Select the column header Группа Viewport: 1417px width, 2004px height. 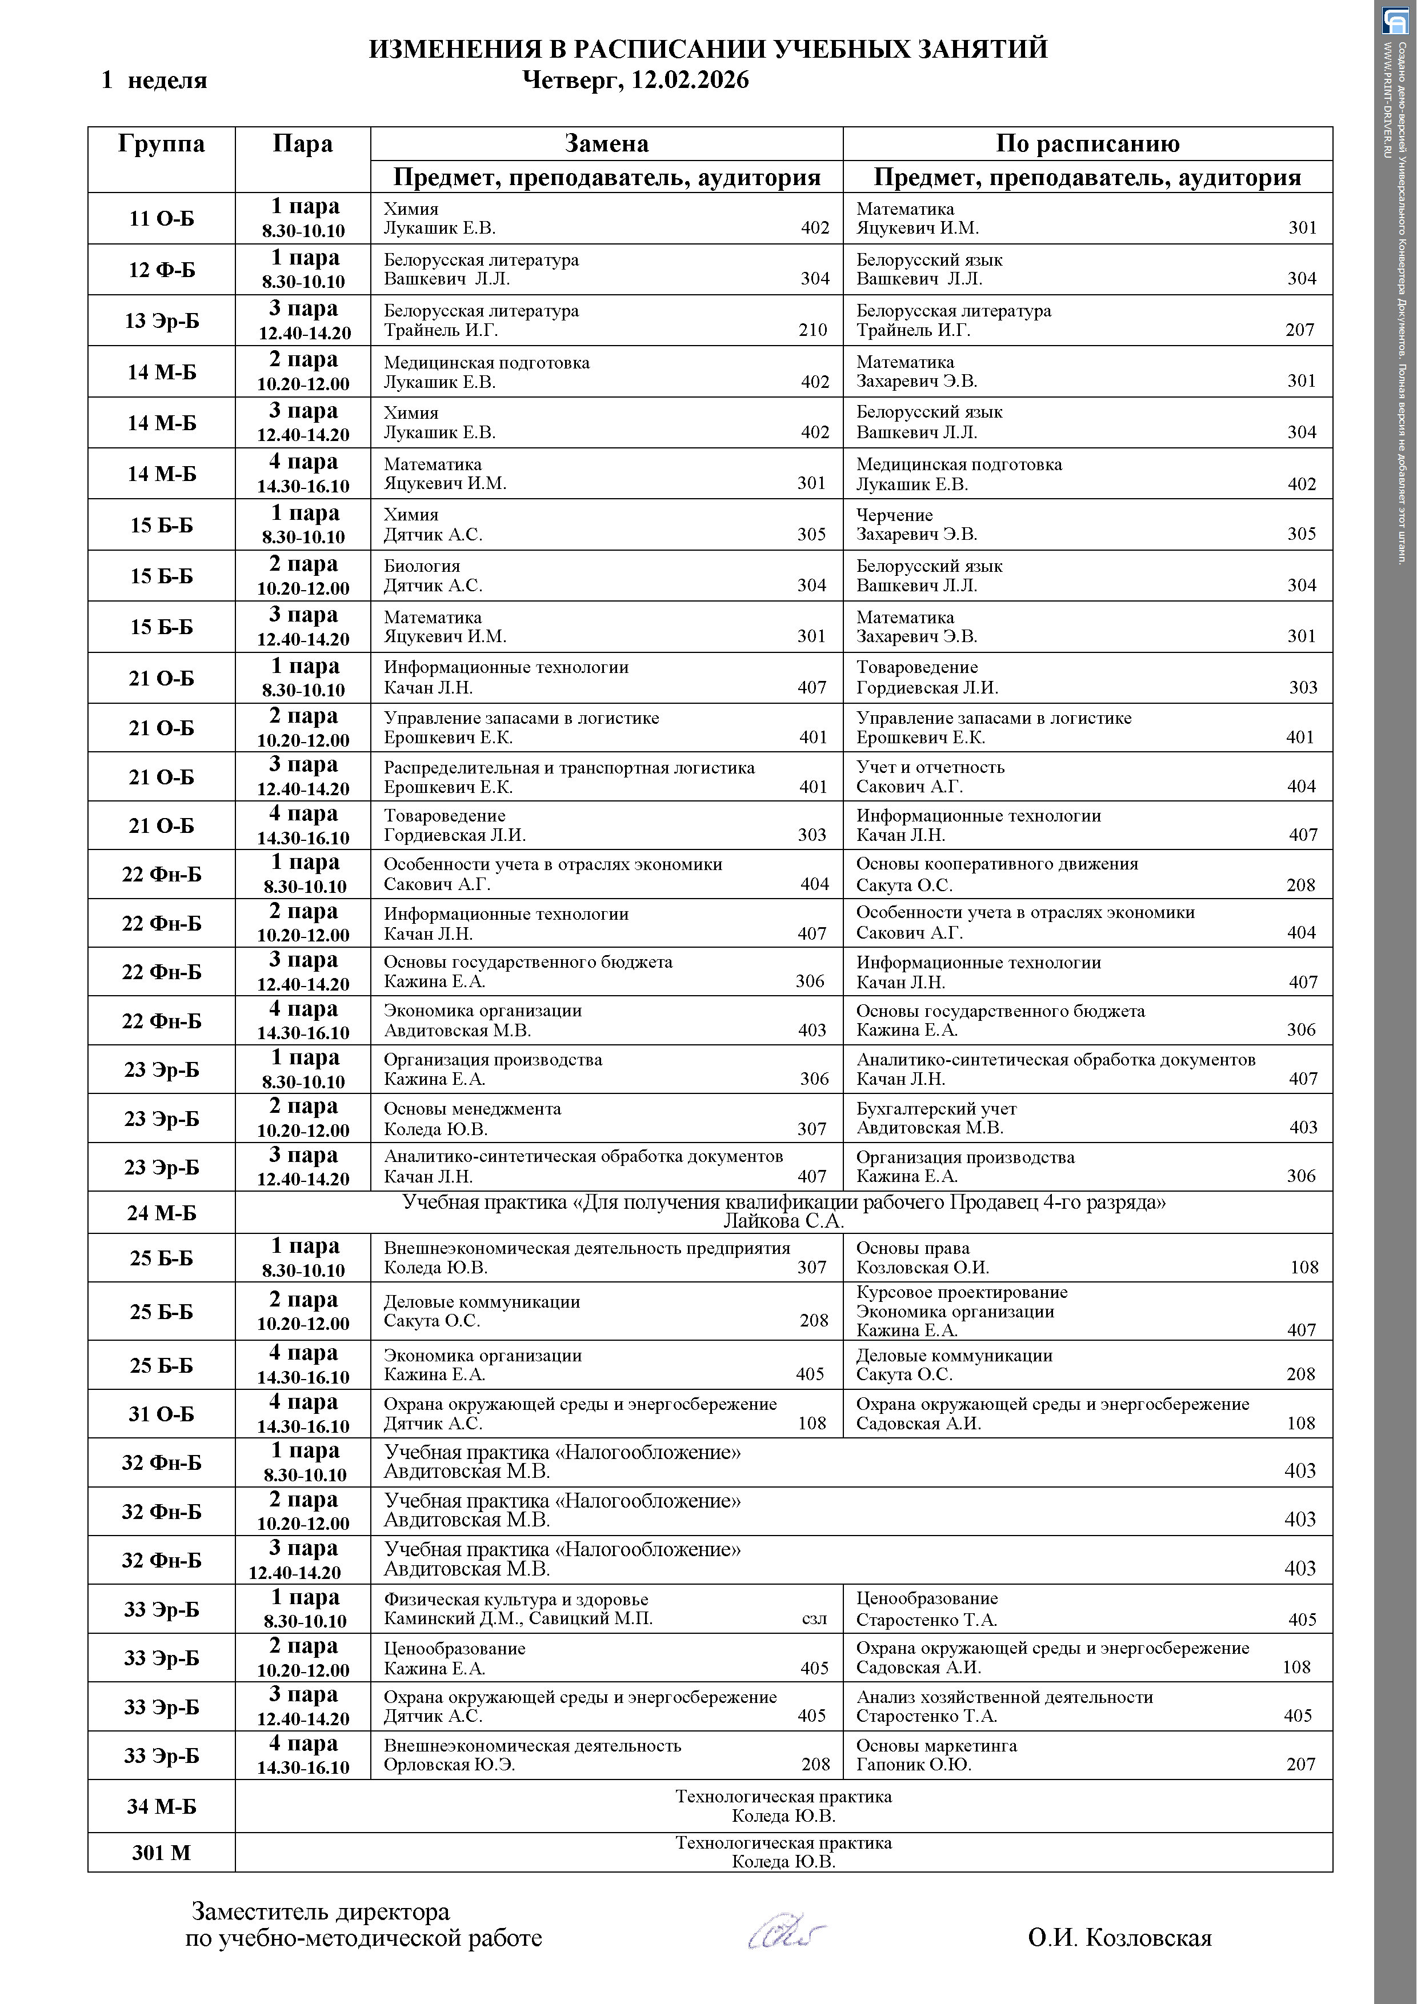coord(162,144)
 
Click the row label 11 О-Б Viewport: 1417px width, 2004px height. coord(162,218)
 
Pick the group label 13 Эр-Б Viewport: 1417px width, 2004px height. coord(162,320)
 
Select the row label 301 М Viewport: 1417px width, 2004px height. coord(162,1852)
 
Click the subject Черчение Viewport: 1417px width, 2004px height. coord(894,515)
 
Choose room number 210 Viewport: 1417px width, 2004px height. coord(813,330)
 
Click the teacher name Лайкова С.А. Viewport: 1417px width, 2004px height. coord(783,1221)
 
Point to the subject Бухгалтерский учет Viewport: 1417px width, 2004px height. coord(936,1108)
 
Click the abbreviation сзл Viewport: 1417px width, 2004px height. coord(814,1619)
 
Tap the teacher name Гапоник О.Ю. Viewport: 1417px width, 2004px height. coord(913,1765)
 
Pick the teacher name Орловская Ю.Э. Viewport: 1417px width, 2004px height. coord(450,1765)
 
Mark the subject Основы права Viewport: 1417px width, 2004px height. coord(912,1248)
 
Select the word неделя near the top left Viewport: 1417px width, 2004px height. coord(167,81)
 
